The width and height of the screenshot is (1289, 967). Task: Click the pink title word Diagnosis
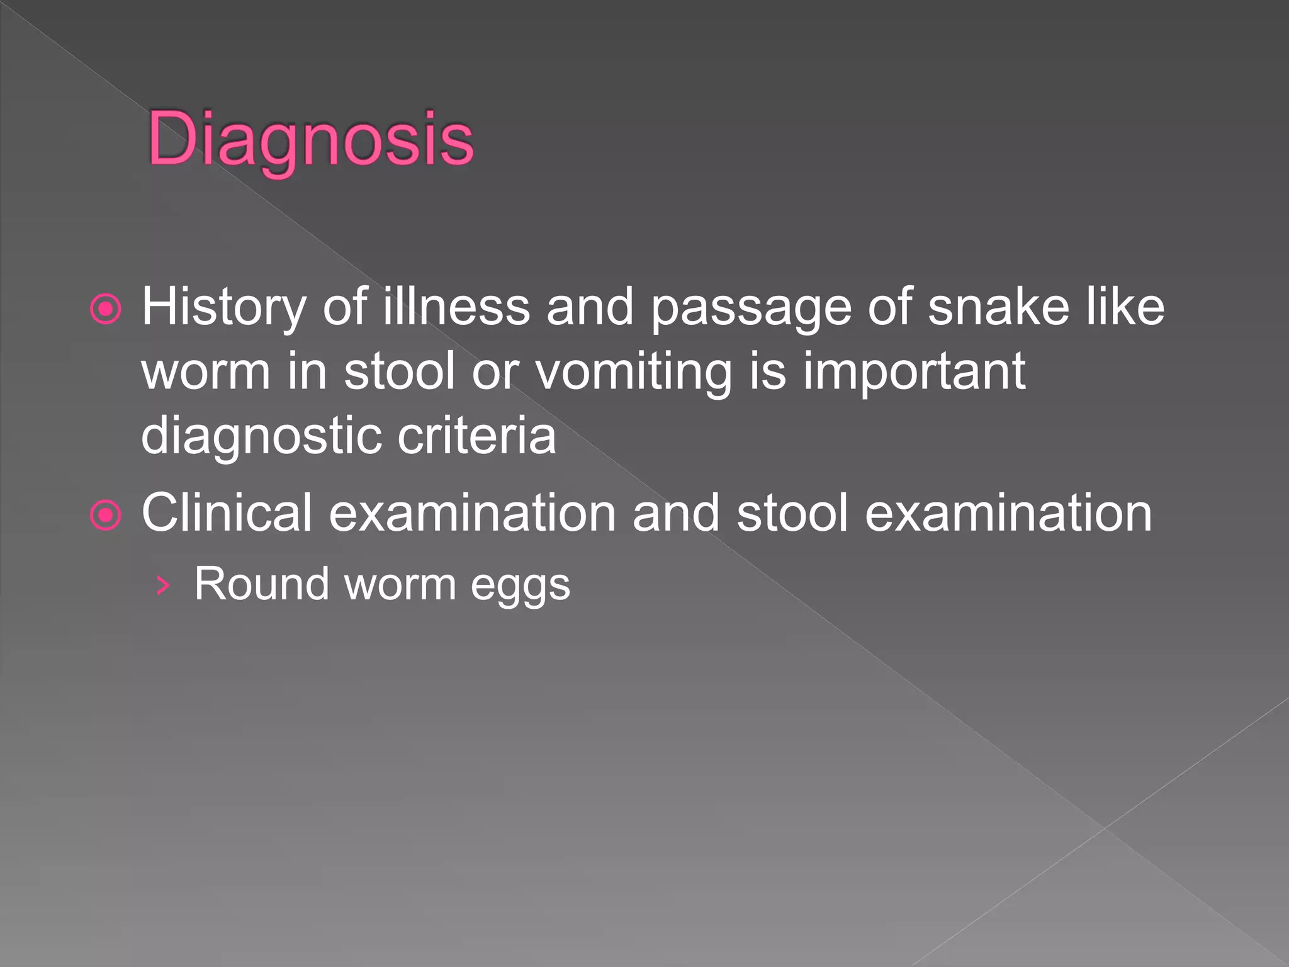pyautogui.click(x=310, y=139)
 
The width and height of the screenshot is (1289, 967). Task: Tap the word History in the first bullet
pyautogui.click(x=223, y=308)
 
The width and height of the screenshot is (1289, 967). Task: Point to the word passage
pyautogui.click(x=751, y=308)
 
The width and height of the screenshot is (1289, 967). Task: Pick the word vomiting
pyautogui.click(x=634, y=372)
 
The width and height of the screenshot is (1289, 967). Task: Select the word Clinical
pyautogui.click(x=227, y=513)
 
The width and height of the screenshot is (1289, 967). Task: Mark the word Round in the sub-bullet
pyautogui.click(x=261, y=584)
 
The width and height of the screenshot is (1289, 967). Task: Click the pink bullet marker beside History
pyautogui.click(x=106, y=309)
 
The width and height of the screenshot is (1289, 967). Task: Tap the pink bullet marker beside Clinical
pyautogui.click(x=106, y=516)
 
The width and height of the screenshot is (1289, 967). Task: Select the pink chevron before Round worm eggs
pyautogui.click(x=163, y=585)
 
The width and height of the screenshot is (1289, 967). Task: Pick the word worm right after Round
pyautogui.click(x=400, y=584)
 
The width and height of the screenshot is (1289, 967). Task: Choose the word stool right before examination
pyautogui.click(x=792, y=513)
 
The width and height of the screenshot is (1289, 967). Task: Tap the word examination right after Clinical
pyautogui.click(x=472, y=513)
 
